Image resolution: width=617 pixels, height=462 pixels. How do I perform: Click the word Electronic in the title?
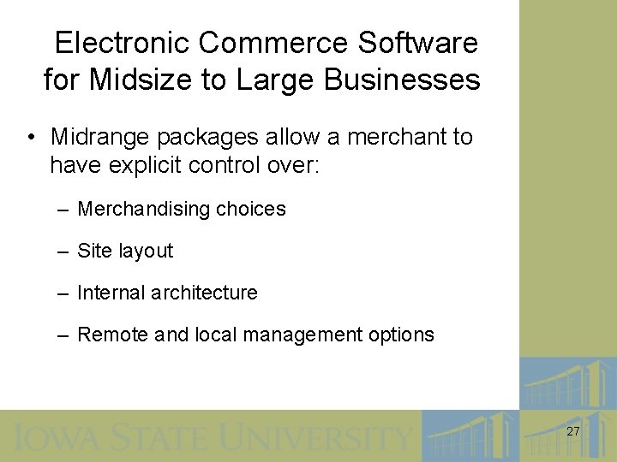(x=117, y=42)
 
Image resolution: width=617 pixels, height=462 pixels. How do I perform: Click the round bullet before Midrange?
(x=30, y=138)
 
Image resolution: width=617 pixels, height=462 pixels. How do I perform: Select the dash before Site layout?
(x=63, y=252)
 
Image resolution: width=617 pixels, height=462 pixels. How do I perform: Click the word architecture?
(x=203, y=293)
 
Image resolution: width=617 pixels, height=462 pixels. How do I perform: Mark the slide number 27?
(x=572, y=432)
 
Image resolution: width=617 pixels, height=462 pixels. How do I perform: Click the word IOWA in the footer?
(x=51, y=437)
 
